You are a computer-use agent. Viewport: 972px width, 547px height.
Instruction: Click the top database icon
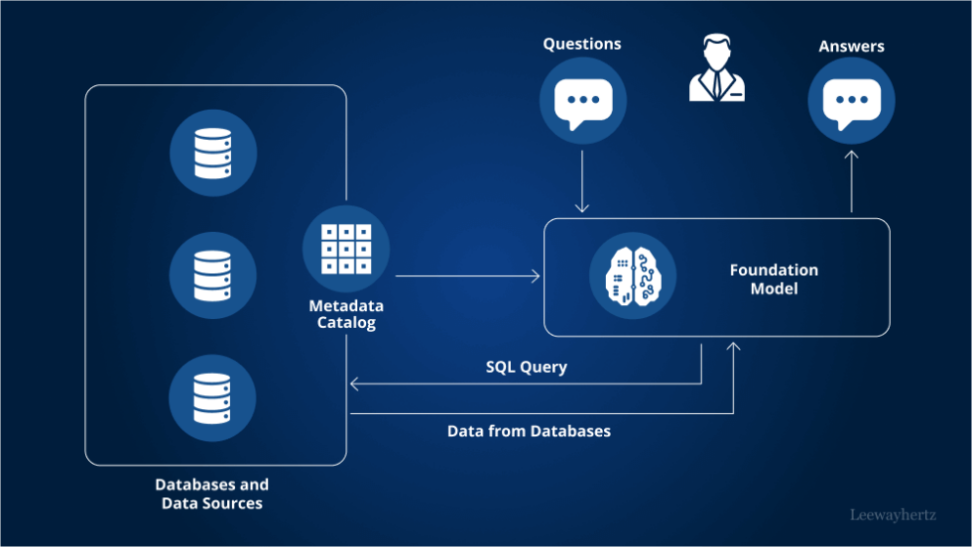(x=213, y=153)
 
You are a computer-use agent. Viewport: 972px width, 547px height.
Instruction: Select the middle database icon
(x=213, y=275)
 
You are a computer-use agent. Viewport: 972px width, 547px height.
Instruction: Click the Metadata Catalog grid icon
(x=346, y=249)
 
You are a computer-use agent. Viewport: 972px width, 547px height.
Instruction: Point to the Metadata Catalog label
(x=346, y=314)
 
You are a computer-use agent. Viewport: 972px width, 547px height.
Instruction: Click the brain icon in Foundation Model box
(x=633, y=275)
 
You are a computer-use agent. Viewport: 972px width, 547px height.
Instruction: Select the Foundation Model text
(x=774, y=278)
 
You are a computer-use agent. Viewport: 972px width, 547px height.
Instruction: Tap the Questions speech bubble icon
(x=583, y=101)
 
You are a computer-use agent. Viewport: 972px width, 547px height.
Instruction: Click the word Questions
(x=582, y=44)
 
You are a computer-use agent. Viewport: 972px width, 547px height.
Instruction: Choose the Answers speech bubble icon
(x=851, y=101)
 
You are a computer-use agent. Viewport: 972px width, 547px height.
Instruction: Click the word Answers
(x=851, y=46)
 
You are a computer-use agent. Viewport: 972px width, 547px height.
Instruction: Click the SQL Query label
(x=526, y=367)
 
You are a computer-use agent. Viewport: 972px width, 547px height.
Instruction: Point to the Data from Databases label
(x=529, y=431)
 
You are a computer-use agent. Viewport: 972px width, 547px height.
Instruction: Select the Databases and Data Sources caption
(x=212, y=493)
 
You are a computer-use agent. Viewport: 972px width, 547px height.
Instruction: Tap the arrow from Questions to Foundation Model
(x=582, y=181)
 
